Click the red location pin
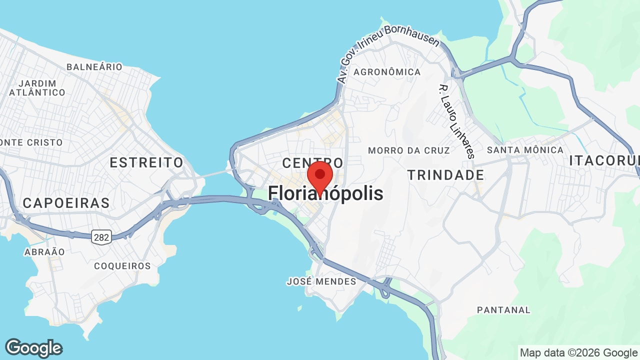pos(320,176)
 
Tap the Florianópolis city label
pos(326,193)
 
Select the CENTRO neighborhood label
pos(312,163)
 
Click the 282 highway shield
pos(101,237)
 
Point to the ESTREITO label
pos(146,162)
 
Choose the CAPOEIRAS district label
pos(66,203)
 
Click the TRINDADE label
pos(445,175)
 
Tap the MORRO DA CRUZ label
pos(408,150)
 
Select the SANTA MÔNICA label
pos(525,150)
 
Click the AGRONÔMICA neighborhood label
pos(387,72)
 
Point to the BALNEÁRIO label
pos(94,67)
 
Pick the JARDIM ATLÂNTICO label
pos(37,88)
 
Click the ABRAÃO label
pos(44,252)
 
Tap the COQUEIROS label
pos(122,266)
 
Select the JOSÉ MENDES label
pos(321,281)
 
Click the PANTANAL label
pos(503,310)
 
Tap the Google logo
pos(33,348)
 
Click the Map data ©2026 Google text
pos(578,352)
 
